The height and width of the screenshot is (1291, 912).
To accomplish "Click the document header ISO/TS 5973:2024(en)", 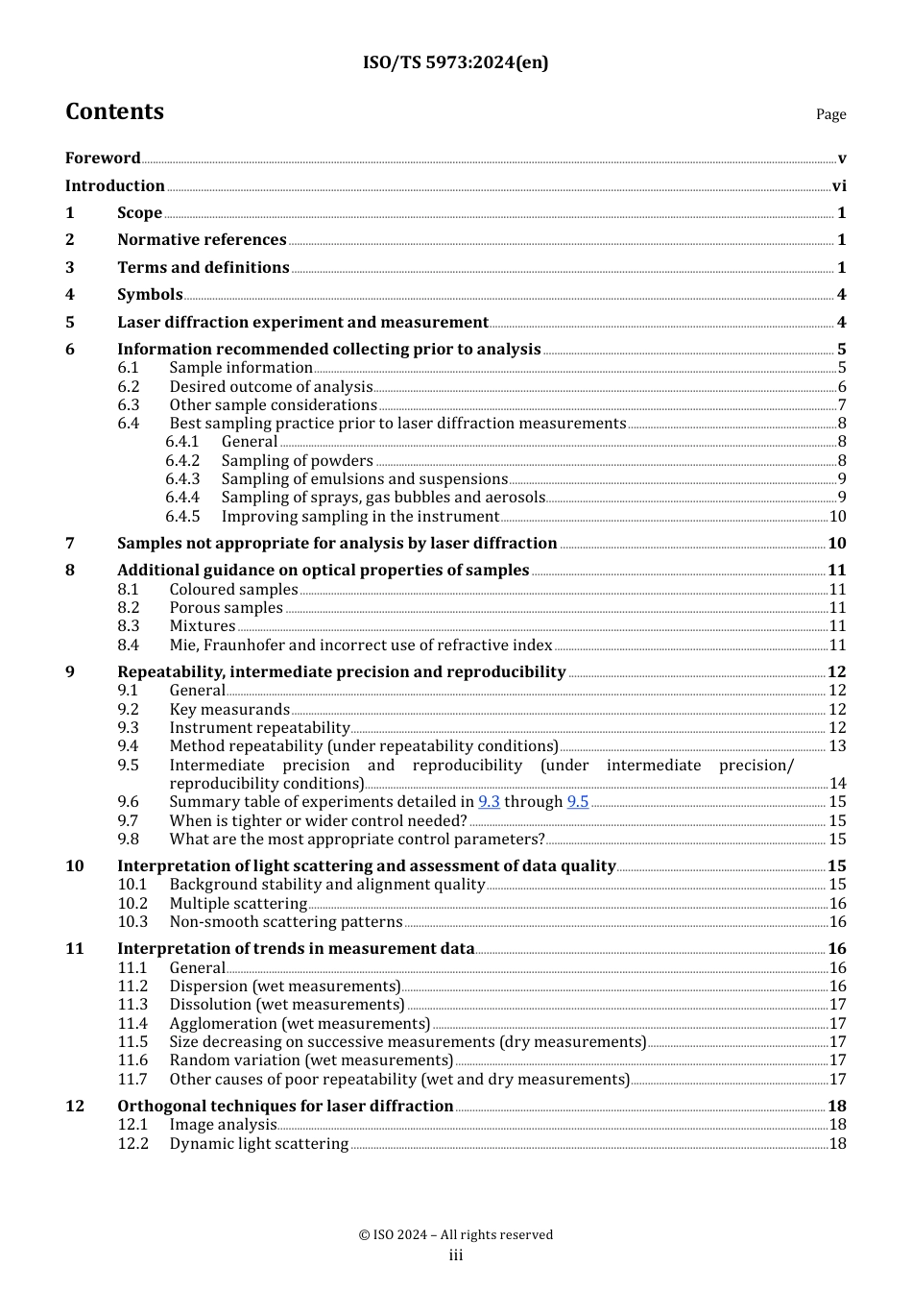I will (x=455, y=62).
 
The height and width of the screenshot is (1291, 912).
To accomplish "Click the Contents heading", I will (x=114, y=111).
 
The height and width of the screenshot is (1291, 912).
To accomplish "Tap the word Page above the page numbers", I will (x=830, y=114).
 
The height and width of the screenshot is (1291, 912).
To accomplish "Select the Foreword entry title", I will (x=103, y=158).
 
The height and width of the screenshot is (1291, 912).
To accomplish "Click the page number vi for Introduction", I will (x=839, y=186).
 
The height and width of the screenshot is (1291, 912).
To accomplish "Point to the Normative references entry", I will (x=202, y=240).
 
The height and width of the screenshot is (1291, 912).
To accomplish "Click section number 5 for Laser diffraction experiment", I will (x=70, y=323).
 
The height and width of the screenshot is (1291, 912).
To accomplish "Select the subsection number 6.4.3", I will (x=182, y=479).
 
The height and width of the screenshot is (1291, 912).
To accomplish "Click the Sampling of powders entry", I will (x=297, y=461).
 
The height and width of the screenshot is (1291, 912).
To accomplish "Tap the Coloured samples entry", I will (x=233, y=590).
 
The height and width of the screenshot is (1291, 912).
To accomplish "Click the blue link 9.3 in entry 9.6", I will (x=489, y=802).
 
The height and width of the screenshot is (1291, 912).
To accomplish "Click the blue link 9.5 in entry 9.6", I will (x=577, y=802).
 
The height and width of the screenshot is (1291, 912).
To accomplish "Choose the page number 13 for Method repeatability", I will (x=837, y=746).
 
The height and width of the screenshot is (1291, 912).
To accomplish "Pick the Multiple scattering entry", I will (x=238, y=904).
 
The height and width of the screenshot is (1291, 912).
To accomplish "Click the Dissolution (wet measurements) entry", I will (x=287, y=1005).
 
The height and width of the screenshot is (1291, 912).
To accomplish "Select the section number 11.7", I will (x=132, y=1080).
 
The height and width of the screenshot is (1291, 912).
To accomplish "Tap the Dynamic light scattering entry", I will (x=258, y=1144).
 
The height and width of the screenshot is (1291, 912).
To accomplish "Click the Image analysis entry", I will (x=223, y=1125).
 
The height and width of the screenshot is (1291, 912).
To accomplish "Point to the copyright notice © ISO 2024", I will (x=455, y=1235).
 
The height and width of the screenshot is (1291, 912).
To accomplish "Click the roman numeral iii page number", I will (x=455, y=1255).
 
